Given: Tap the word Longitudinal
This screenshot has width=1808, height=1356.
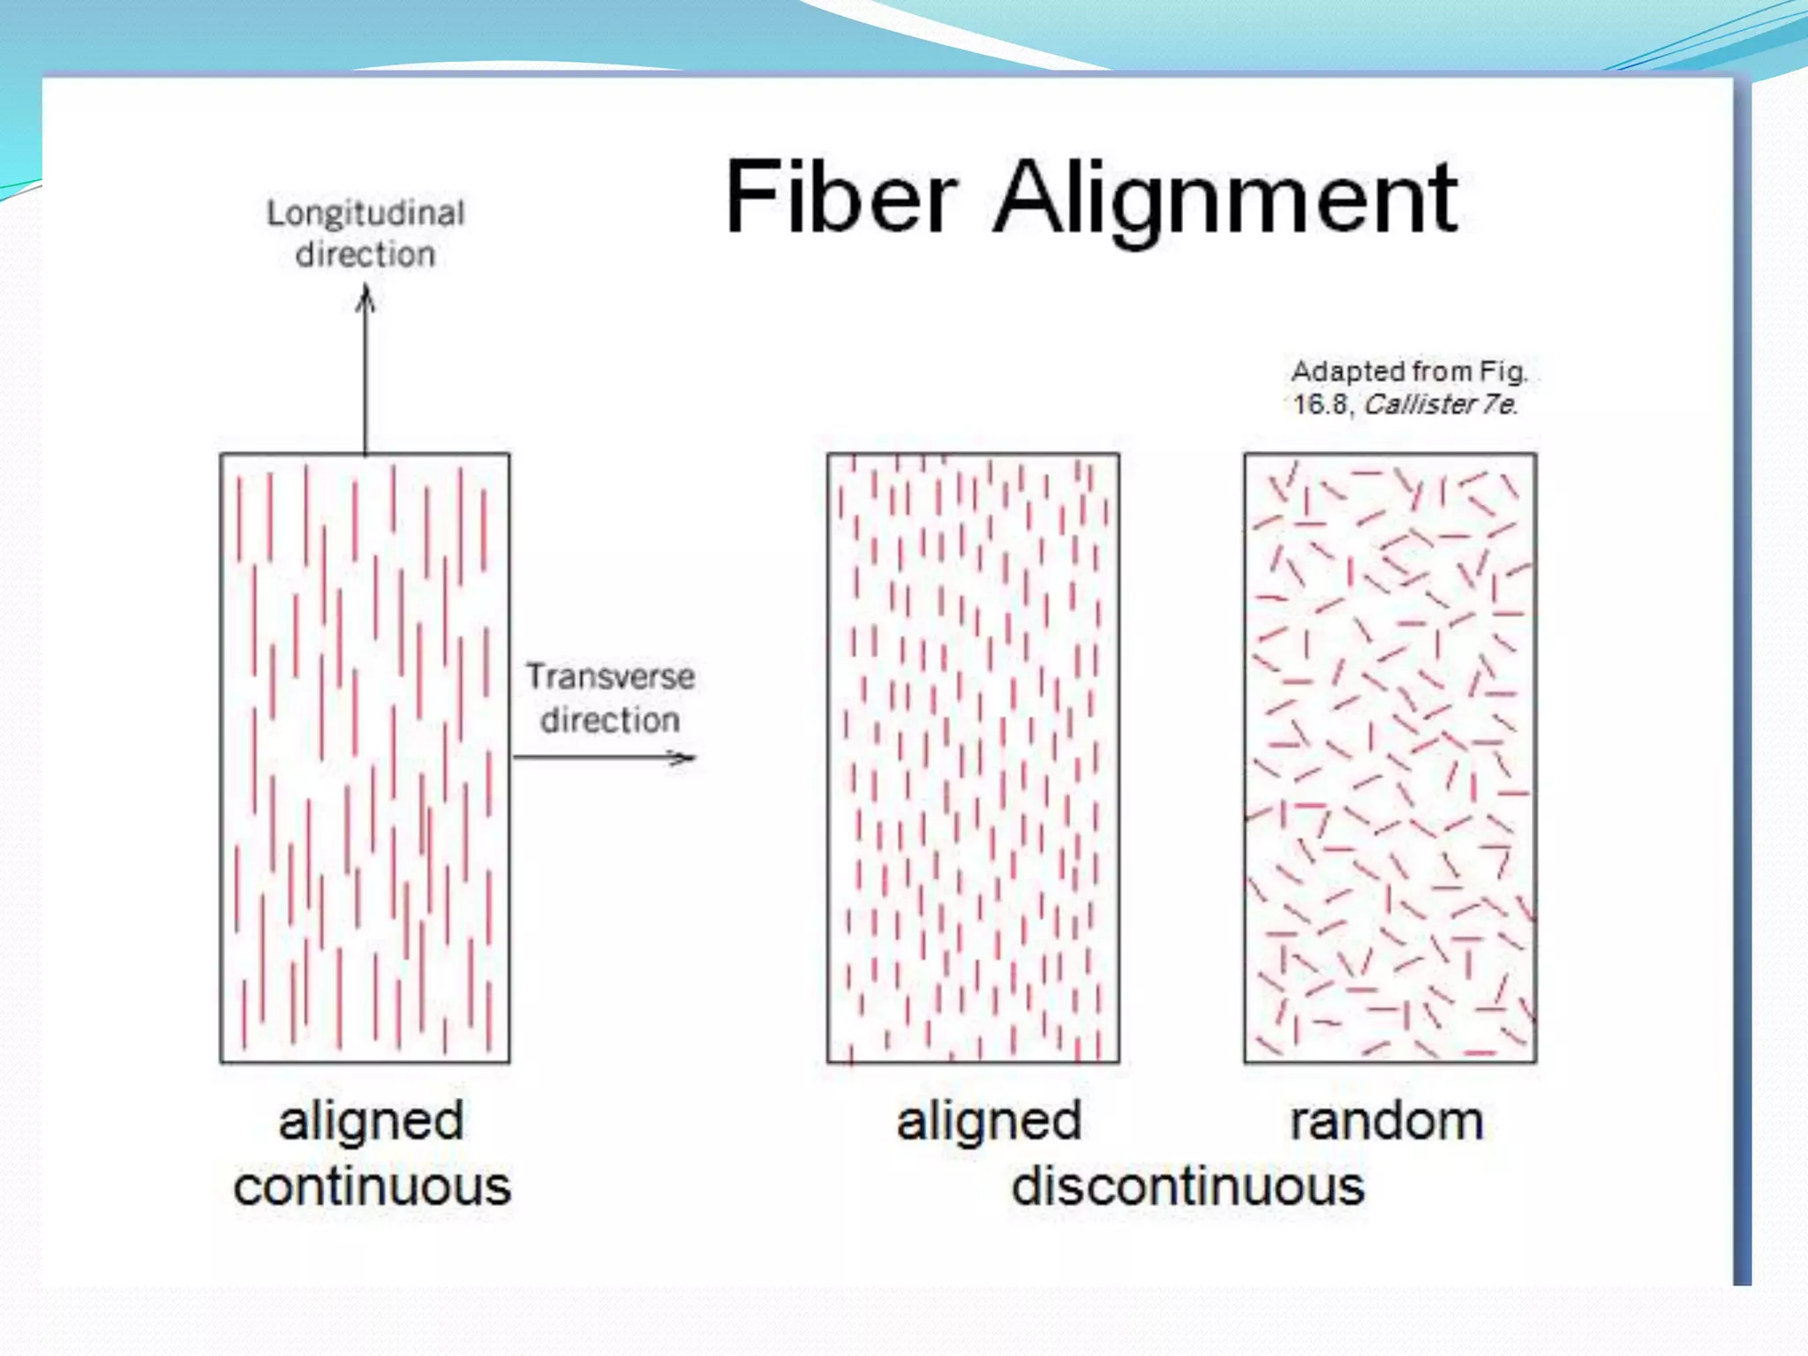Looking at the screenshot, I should (x=365, y=213).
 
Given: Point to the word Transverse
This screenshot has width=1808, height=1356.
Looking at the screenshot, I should (x=610, y=676).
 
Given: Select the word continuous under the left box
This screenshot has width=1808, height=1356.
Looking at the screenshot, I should (x=372, y=1186).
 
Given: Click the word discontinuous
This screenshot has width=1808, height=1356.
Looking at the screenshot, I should (x=1187, y=1186).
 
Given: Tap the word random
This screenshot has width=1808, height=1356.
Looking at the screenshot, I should (x=1386, y=1121).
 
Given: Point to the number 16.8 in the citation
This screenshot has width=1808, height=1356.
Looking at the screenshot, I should (x=1321, y=404).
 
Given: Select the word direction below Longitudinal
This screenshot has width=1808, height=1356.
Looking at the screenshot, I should (x=365, y=254).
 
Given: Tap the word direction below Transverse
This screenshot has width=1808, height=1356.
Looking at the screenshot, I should (x=610, y=719).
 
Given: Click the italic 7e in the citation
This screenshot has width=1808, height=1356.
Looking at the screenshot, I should (x=1499, y=404).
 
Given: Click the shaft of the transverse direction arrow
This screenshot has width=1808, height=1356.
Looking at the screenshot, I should (x=591, y=757).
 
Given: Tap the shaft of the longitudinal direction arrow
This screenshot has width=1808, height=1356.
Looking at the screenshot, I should (x=365, y=380).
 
